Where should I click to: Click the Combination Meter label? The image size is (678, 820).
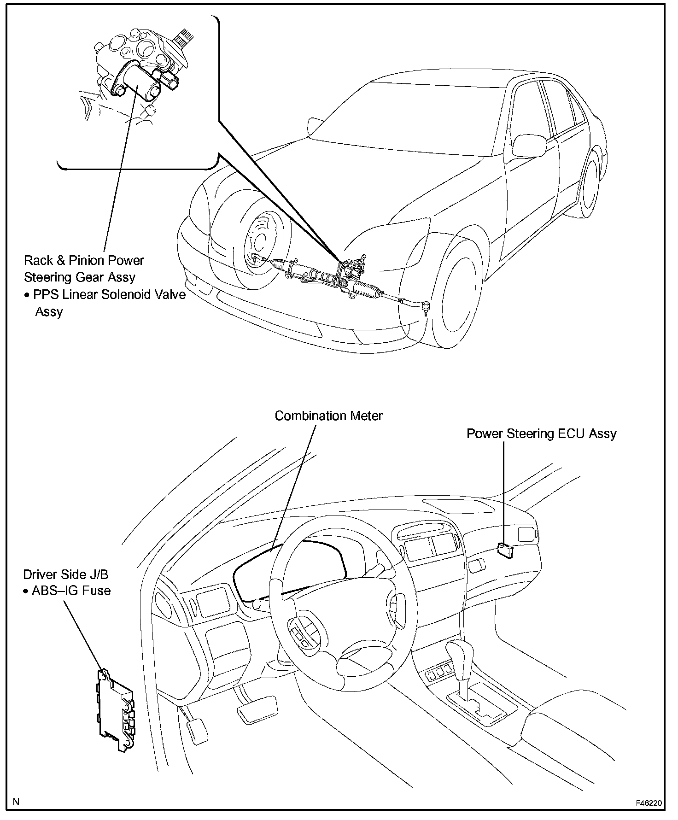[x=328, y=416]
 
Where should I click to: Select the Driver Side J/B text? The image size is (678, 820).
[x=66, y=574]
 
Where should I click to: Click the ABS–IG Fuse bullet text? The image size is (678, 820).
[x=67, y=591]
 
